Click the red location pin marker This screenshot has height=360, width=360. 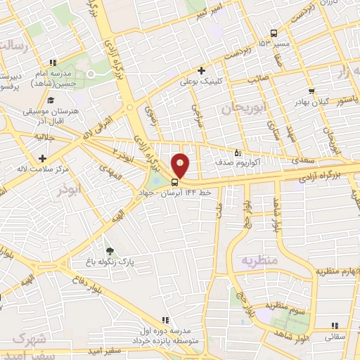[181, 166]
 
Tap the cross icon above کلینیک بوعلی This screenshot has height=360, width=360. [202, 70]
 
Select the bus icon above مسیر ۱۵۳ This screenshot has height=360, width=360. [274, 33]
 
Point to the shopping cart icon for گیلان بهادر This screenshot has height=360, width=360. [311, 91]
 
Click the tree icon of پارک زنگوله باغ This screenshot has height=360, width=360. [108, 250]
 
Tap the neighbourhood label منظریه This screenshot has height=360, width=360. [261, 260]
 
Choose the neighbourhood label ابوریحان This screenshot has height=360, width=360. [246, 108]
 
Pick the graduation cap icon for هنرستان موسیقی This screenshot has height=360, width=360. [52, 100]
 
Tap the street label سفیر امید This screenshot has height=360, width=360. [105, 350]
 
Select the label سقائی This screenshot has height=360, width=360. [334, 337]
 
